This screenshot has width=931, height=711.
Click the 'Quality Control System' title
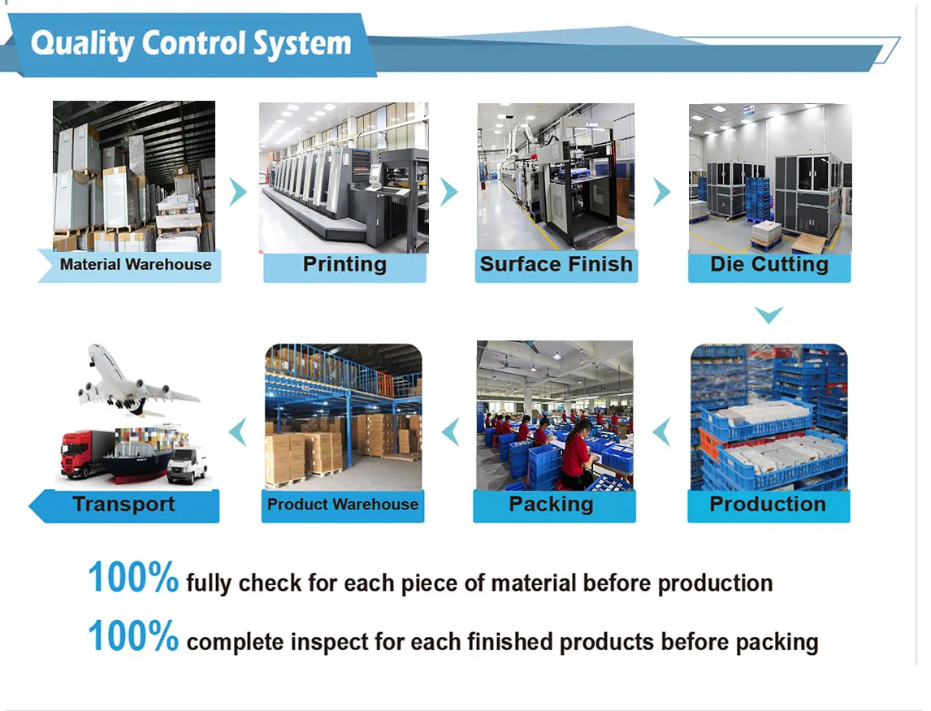[x=191, y=43]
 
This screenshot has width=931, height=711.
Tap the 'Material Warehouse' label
[x=135, y=265]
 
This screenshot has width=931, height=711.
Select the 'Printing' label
[x=344, y=265]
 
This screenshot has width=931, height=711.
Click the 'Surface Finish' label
[x=556, y=265]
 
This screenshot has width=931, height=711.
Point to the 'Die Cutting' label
[x=769, y=265]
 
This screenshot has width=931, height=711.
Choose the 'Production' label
[x=768, y=505]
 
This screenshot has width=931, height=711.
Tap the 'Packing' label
[x=551, y=505]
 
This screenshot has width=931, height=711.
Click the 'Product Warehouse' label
[x=343, y=505]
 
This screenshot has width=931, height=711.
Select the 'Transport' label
[x=123, y=505]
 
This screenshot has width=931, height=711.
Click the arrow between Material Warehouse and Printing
[x=237, y=192]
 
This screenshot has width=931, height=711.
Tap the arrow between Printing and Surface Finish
[x=448, y=192]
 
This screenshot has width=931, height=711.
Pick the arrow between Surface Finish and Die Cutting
[x=662, y=192]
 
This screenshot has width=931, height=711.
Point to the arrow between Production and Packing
[x=663, y=431]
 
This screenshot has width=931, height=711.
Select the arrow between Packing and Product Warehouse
[x=450, y=431]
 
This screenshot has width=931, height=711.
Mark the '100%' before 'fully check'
[x=132, y=578]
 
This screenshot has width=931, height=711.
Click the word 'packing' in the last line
[x=777, y=643]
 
